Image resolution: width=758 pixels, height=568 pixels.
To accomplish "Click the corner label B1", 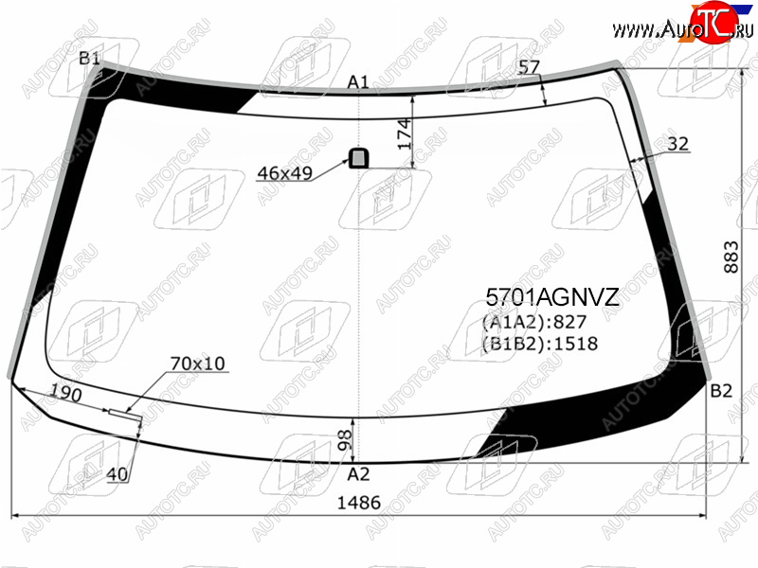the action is coord(89,59).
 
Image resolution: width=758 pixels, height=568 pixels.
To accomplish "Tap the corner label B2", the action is coord(721,391).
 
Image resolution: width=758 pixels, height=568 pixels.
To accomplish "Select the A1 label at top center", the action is coord(358,82).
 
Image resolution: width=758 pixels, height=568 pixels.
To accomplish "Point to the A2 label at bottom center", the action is coord(358,475).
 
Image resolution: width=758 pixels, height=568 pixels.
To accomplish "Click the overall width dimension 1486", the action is coord(359,503).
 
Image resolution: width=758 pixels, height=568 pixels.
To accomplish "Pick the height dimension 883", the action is coord(731,257).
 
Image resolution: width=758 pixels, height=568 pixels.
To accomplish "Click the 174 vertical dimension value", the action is coord(405,134).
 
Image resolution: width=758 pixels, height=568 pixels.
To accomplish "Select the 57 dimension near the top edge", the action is coord(529,67).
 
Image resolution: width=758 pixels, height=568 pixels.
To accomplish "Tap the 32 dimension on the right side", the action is coord(678,144).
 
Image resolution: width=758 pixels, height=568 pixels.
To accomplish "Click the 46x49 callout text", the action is coord(285,173).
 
